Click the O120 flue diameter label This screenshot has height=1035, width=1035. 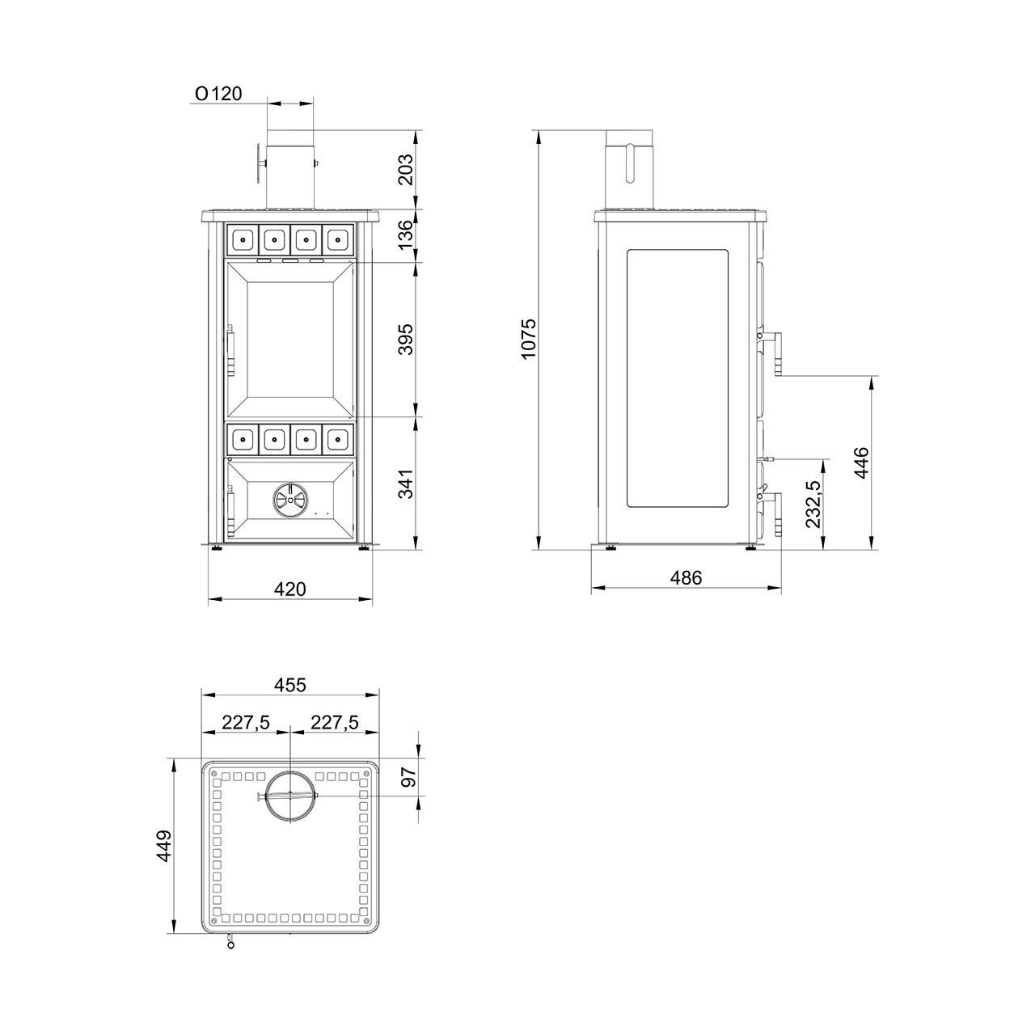pos(218,94)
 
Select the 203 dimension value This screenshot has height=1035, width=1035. pos(406,169)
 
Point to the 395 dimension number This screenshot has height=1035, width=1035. pos(406,339)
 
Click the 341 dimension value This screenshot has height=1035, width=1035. pos(406,484)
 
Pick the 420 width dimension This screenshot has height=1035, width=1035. pos(290,589)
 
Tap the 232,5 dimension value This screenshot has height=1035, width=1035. pos(813,505)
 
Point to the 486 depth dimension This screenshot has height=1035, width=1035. pos(686,577)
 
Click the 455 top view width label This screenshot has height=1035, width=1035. pos(290,685)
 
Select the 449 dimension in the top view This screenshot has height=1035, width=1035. pos(164,846)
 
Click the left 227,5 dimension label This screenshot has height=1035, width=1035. pos(246,722)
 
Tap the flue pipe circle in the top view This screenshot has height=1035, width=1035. pos(289,796)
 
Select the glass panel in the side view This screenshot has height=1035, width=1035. pos(678,379)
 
